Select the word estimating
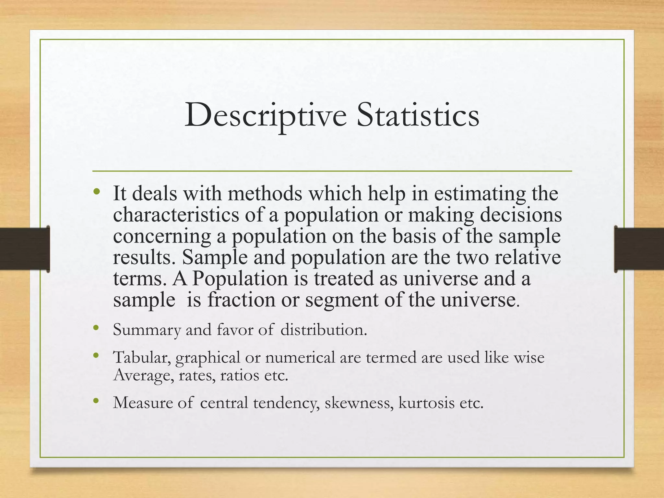pos(480,194)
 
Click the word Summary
pos(147,330)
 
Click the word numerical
pos(300,358)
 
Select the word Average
pos(143,376)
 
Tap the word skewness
pos(359,403)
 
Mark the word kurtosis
pos(426,403)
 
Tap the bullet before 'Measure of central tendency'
pos(96,401)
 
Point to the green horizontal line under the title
pos(332,171)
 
